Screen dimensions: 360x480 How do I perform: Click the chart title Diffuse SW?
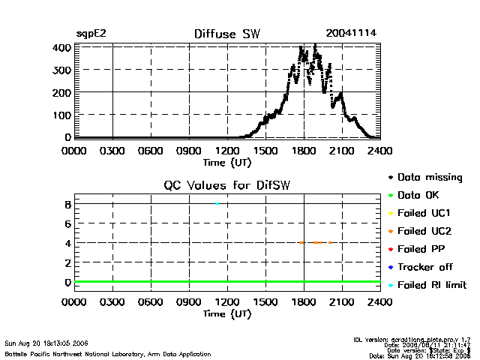point(226,34)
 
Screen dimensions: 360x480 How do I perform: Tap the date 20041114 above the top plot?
point(351,34)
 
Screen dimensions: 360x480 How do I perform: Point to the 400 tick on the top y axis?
point(61,47)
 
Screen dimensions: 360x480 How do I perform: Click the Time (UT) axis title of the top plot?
point(226,162)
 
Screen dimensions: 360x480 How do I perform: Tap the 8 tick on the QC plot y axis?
point(67,204)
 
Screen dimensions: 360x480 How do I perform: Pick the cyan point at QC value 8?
point(217,203)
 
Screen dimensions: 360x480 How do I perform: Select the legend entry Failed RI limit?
point(431,285)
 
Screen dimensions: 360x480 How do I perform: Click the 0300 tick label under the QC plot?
point(112,302)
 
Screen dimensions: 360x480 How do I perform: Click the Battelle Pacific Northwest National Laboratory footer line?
point(108,353)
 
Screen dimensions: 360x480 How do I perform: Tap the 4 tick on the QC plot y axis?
point(67,243)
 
